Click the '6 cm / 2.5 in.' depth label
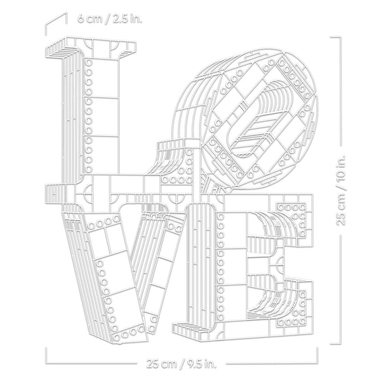pyautogui.click(x=109, y=18)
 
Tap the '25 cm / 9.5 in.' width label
pyautogui.click(x=181, y=364)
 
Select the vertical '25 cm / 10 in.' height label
pyautogui.click(x=340, y=190)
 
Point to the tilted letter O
pyautogui.click(x=245, y=121)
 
